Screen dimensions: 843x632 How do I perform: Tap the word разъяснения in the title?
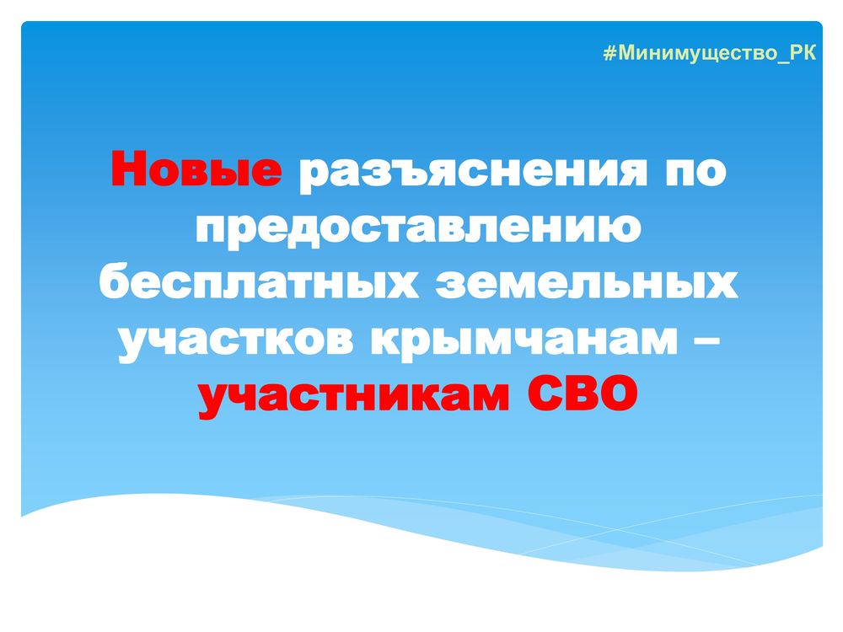click(473, 172)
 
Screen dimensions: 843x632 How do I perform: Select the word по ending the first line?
click(696, 172)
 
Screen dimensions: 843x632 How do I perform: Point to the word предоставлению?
click(418, 228)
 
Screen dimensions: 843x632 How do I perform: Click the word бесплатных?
click(259, 281)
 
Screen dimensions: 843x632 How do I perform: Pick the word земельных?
click(587, 283)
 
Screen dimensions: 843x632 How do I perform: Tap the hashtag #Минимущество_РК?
click(710, 53)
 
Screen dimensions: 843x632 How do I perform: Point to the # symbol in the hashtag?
click(609, 53)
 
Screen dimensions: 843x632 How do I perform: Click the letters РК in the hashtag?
click(803, 52)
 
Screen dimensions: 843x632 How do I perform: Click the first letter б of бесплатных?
click(116, 281)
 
